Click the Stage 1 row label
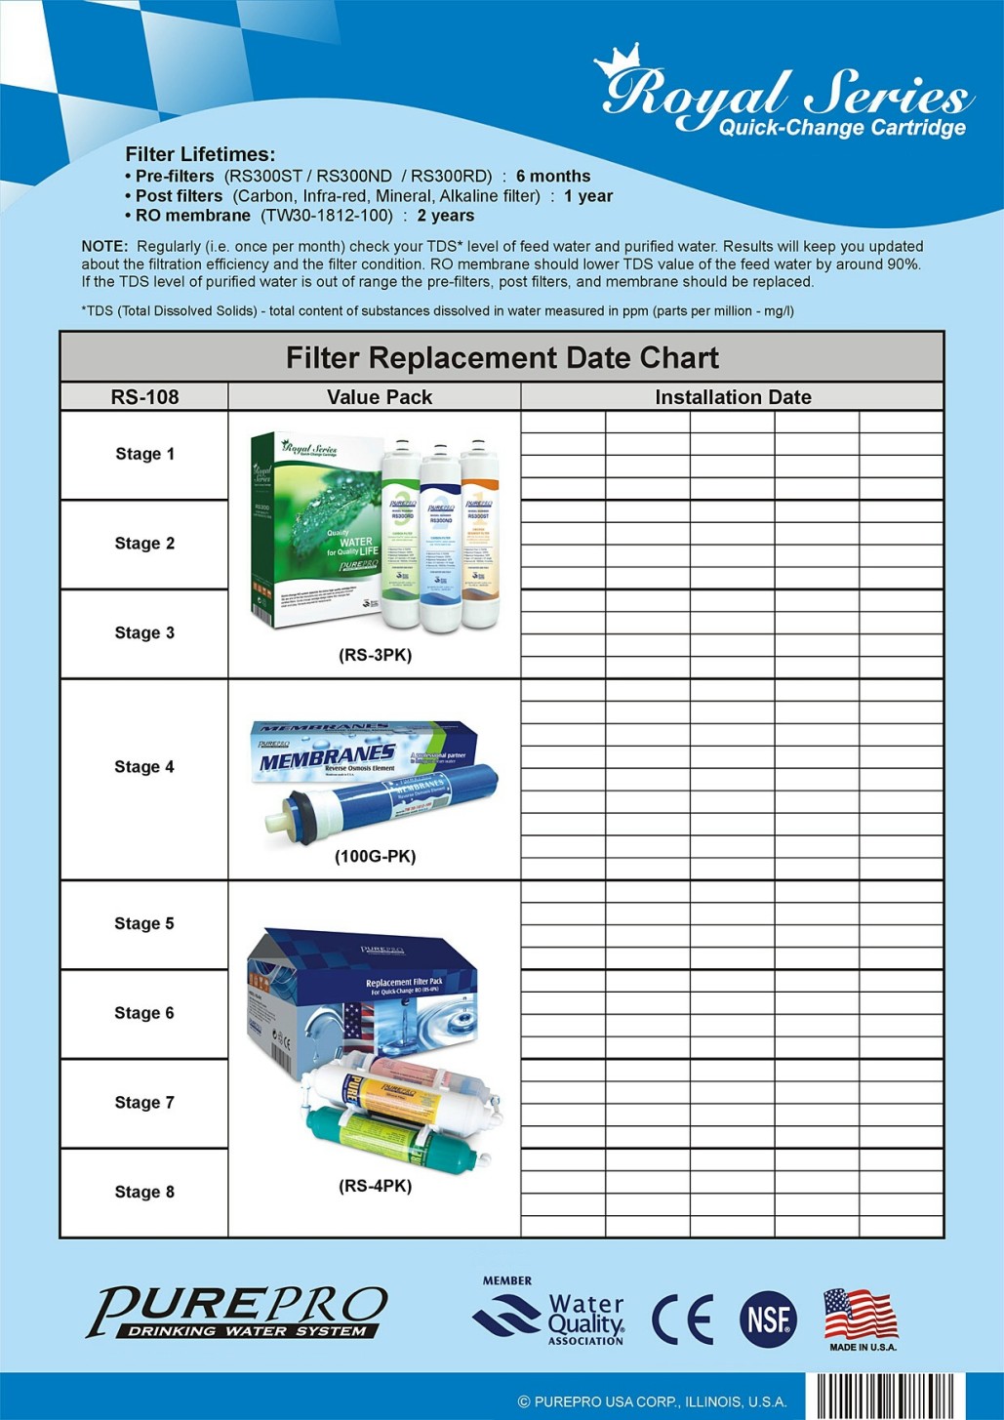pos(144,454)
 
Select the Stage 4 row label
pos(144,767)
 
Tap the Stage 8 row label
pos(144,1192)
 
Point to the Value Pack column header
pos(379,397)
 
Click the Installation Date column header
pos(733,397)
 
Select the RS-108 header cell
pos(144,397)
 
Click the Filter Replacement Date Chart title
pos(502,357)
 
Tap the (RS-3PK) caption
pos(375,655)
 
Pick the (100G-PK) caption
pos(375,856)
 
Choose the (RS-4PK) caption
pos(375,1186)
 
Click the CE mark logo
pos(682,1319)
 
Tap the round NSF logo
pos(768,1319)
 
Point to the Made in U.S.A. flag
pos(861,1314)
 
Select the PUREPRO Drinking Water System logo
pos(238,1312)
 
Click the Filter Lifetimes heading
pos(200,154)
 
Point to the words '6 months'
pos(553,176)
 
